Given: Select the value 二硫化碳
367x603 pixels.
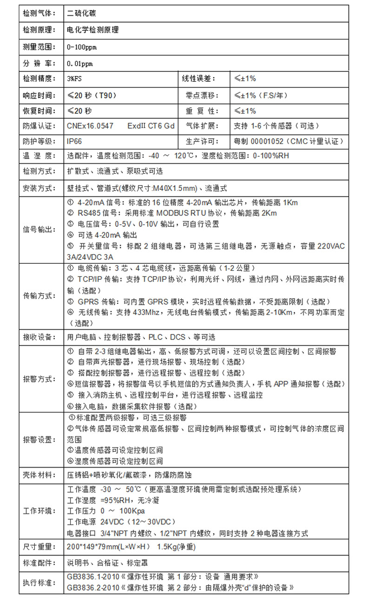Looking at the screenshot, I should pos(83,13).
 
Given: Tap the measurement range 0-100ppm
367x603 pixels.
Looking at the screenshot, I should pos(82,47).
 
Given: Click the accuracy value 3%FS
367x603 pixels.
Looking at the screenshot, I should pos(74,79).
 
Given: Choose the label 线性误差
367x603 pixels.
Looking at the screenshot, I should pos(198,79).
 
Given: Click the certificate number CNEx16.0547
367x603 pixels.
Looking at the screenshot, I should pos(90,126).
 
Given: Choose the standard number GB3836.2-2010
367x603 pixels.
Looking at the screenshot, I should pos(92,587).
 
